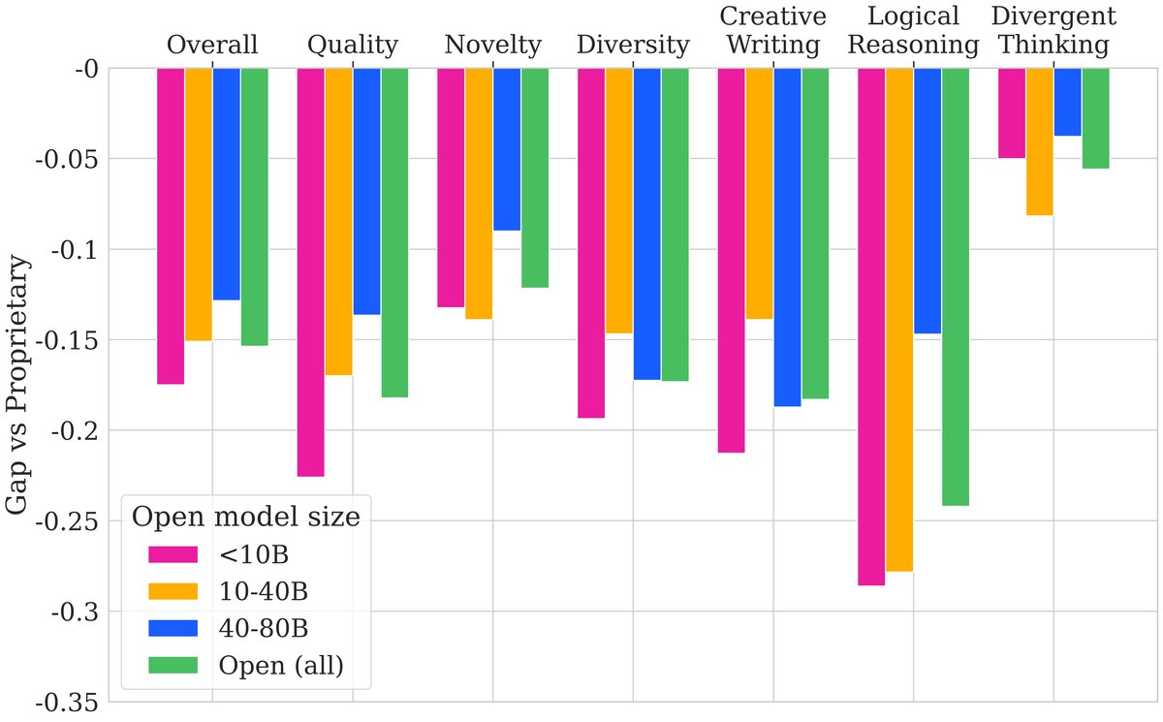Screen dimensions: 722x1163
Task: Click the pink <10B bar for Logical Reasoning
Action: [x=871, y=327]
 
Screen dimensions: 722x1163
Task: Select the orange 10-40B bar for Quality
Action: [x=338, y=221]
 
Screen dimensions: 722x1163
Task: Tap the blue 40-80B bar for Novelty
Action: [x=507, y=149]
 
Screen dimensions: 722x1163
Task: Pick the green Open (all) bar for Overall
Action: [x=255, y=206]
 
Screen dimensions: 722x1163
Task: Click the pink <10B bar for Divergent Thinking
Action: [x=1012, y=112]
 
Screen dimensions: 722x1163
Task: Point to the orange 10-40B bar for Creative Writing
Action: [x=760, y=193]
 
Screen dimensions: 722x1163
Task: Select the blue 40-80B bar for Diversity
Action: [x=647, y=224]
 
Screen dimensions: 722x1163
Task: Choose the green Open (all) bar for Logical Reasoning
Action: [x=956, y=287]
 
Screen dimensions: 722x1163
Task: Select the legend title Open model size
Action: [x=246, y=517]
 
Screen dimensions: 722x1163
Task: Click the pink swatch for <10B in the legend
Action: [x=173, y=554]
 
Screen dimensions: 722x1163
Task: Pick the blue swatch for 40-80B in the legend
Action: [x=173, y=628]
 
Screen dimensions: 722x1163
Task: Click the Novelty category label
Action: [x=492, y=45]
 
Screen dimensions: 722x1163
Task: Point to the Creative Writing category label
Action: [x=772, y=30]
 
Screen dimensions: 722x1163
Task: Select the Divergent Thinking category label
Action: [x=1053, y=30]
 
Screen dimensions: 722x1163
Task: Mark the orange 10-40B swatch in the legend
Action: [x=173, y=591]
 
